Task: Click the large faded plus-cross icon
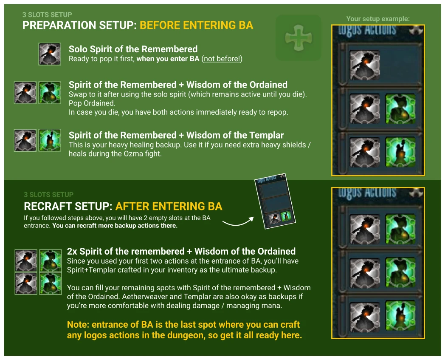pyautogui.click(x=298, y=38)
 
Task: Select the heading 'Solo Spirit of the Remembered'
pyautogui.click(x=133, y=49)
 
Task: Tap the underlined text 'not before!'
pyautogui.click(x=222, y=59)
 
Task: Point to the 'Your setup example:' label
pyautogui.click(x=378, y=19)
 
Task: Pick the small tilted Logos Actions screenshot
pyautogui.click(x=275, y=201)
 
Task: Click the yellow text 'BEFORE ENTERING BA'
pyautogui.click(x=197, y=25)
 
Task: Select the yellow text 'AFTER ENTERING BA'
pyautogui.click(x=169, y=206)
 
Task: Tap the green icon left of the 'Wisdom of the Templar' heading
pyautogui.click(x=50, y=140)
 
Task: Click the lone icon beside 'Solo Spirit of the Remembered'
pyautogui.click(x=50, y=54)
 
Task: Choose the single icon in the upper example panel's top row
pyautogui.click(x=365, y=65)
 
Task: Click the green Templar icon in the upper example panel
pyautogui.click(x=400, y=152)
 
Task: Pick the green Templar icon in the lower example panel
pyautogui.click(x=400, y=317)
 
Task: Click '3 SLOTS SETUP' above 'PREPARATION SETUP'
pyautogui.click(x=47, y=14)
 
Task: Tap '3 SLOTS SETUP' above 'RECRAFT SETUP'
pyautogui.click(x=48, y=195)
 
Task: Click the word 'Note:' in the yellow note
pyautogui.click(x=78, y=324)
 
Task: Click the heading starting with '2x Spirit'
pyautogui.click(x=181, y=251)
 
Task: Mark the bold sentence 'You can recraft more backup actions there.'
pyautogui.click(x=115, y=226)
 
